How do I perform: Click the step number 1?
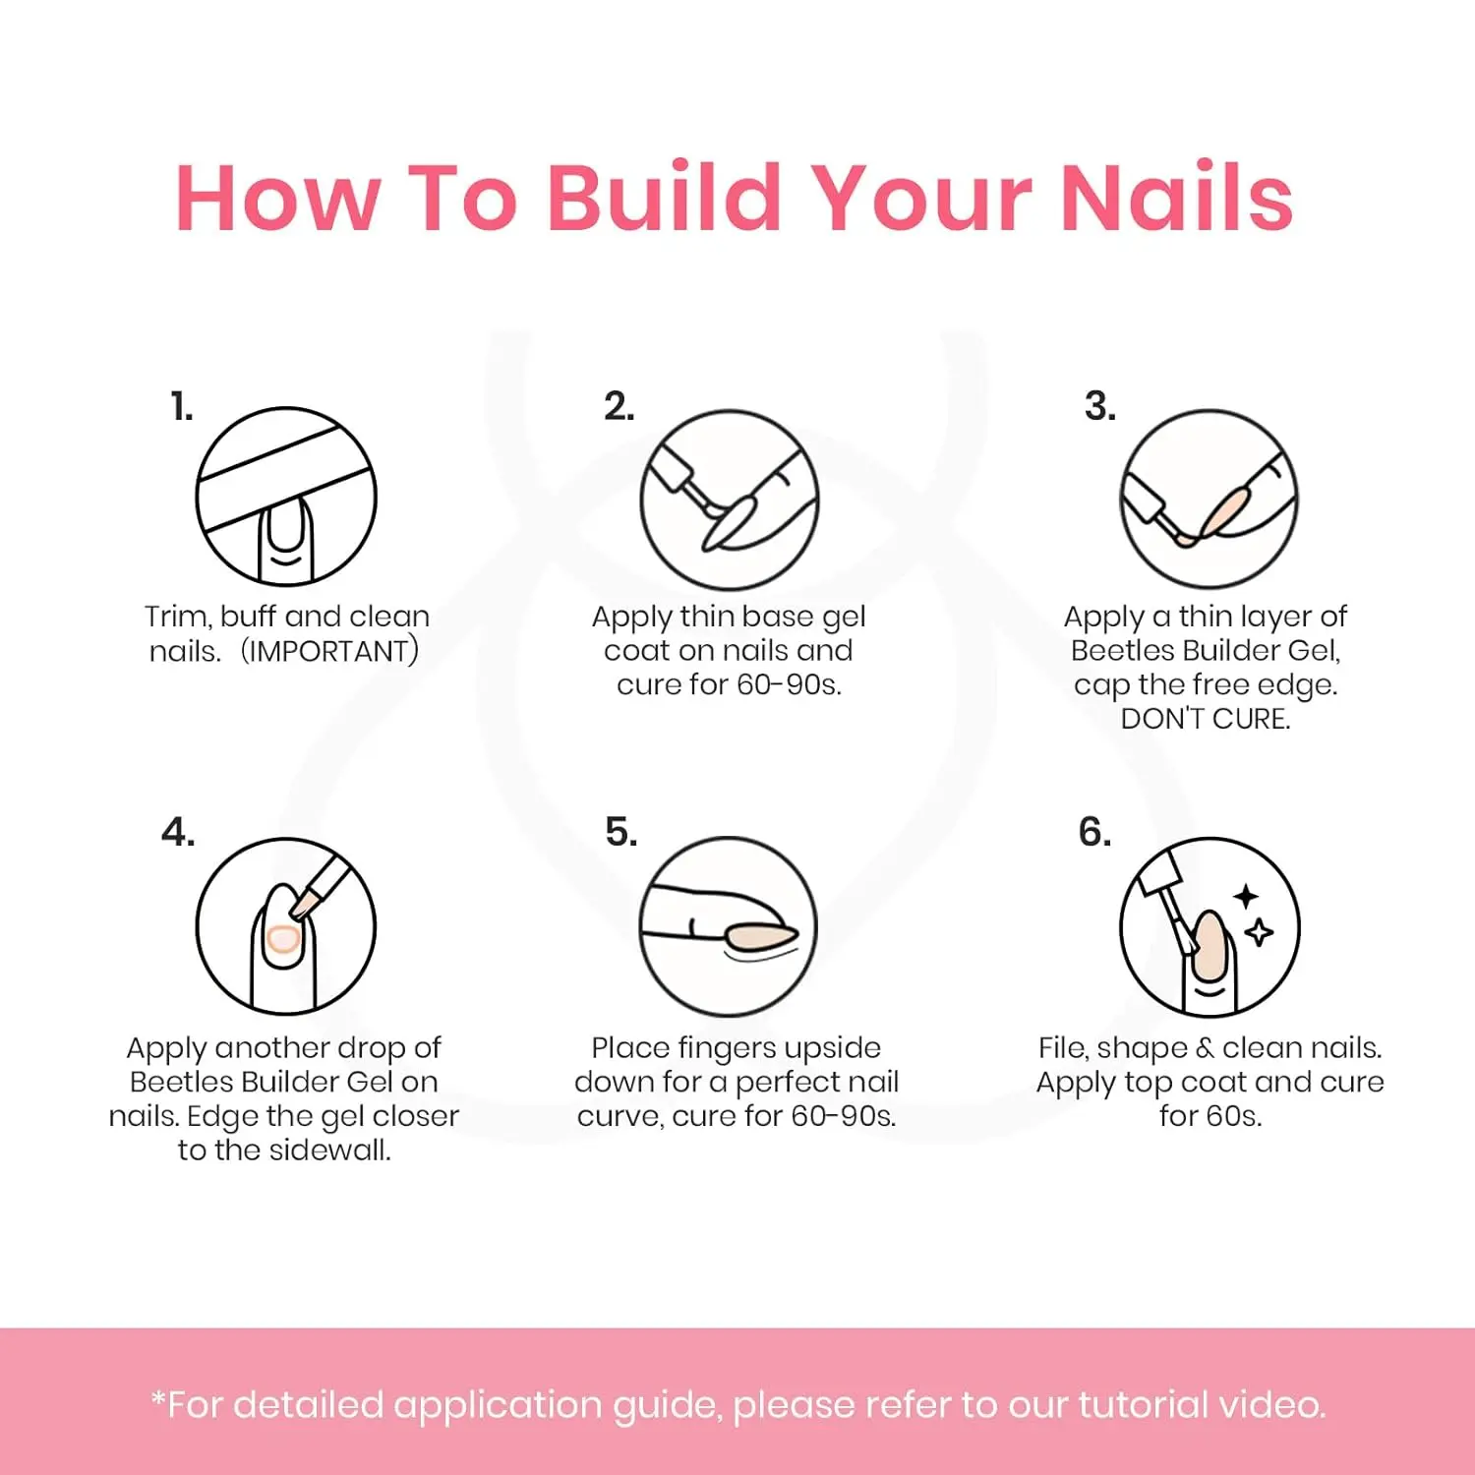(x=182, y=406)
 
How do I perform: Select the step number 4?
(x=178, y=832)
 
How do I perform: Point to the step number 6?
(x=1094, y=832)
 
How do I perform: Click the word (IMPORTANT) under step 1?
(x=330, y=651)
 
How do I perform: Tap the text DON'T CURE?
(x=1206, y=719)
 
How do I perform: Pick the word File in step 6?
(x=1063, y=1047)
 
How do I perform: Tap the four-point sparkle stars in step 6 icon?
(x=1253, y=914)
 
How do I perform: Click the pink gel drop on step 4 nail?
(x=283, y=940)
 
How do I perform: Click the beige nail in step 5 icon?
(x=760, y=935)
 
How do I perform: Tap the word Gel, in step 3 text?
(x=1316, y=651)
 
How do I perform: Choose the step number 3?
(x=1100, y=406)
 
